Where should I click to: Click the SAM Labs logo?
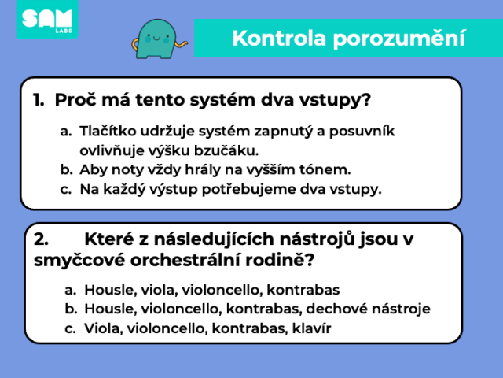[x=47, y=20]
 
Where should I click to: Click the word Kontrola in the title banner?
[x=279, y=39]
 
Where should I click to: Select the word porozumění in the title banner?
[x=399, y=39]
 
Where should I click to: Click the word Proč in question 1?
[x=75, y=99]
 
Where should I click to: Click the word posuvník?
[x=362, y=132]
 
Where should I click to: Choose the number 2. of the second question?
[x=42, y=239]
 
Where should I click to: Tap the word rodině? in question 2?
[x=280, y=260]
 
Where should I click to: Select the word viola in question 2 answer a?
[x=160, y=290]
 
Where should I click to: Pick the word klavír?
[x=311, y=328]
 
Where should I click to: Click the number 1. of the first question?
[x=39, y=100]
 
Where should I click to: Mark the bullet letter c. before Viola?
[x=70, y=329]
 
